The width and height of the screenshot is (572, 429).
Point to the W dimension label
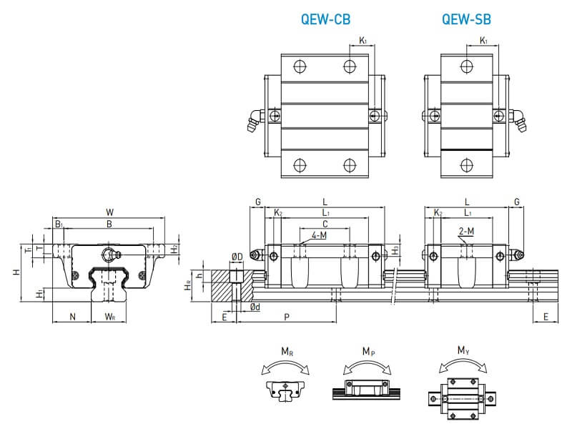[109, 212]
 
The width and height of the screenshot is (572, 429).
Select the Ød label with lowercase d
[255, 307]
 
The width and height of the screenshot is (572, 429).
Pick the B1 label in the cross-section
[59, 225]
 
